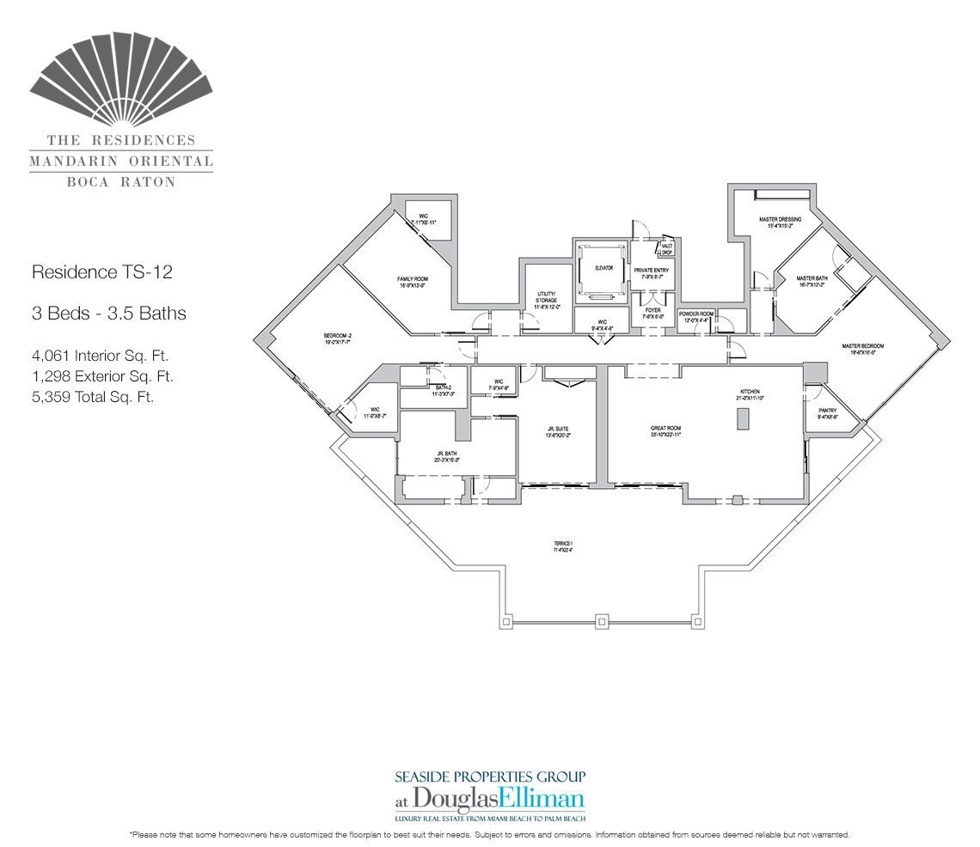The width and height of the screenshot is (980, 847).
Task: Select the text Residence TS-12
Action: pyautogui.click(x=101, y=272)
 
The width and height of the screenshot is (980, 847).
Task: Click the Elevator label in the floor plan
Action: pyautogui.click(x=603, y=268)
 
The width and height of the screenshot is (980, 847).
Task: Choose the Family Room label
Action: pyautogui.click(x=413, y=279)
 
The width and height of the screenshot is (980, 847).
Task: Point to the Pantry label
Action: pyautogui.click(x=827, y=411)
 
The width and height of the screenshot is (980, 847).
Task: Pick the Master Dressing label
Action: pyautogui.click(x=780, y=220)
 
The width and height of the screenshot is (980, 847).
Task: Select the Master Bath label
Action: pyautogui.click(x=811, y=279)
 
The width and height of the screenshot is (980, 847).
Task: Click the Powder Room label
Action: pyautogui.click(x=695, y=314)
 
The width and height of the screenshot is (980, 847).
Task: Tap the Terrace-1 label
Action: pyautogui.click(x=563, y=543)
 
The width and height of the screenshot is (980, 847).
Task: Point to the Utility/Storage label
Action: pyautogui.click(x=546, y=297)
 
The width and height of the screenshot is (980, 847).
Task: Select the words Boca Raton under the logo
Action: pyautogui.click(x=121, y=181)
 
